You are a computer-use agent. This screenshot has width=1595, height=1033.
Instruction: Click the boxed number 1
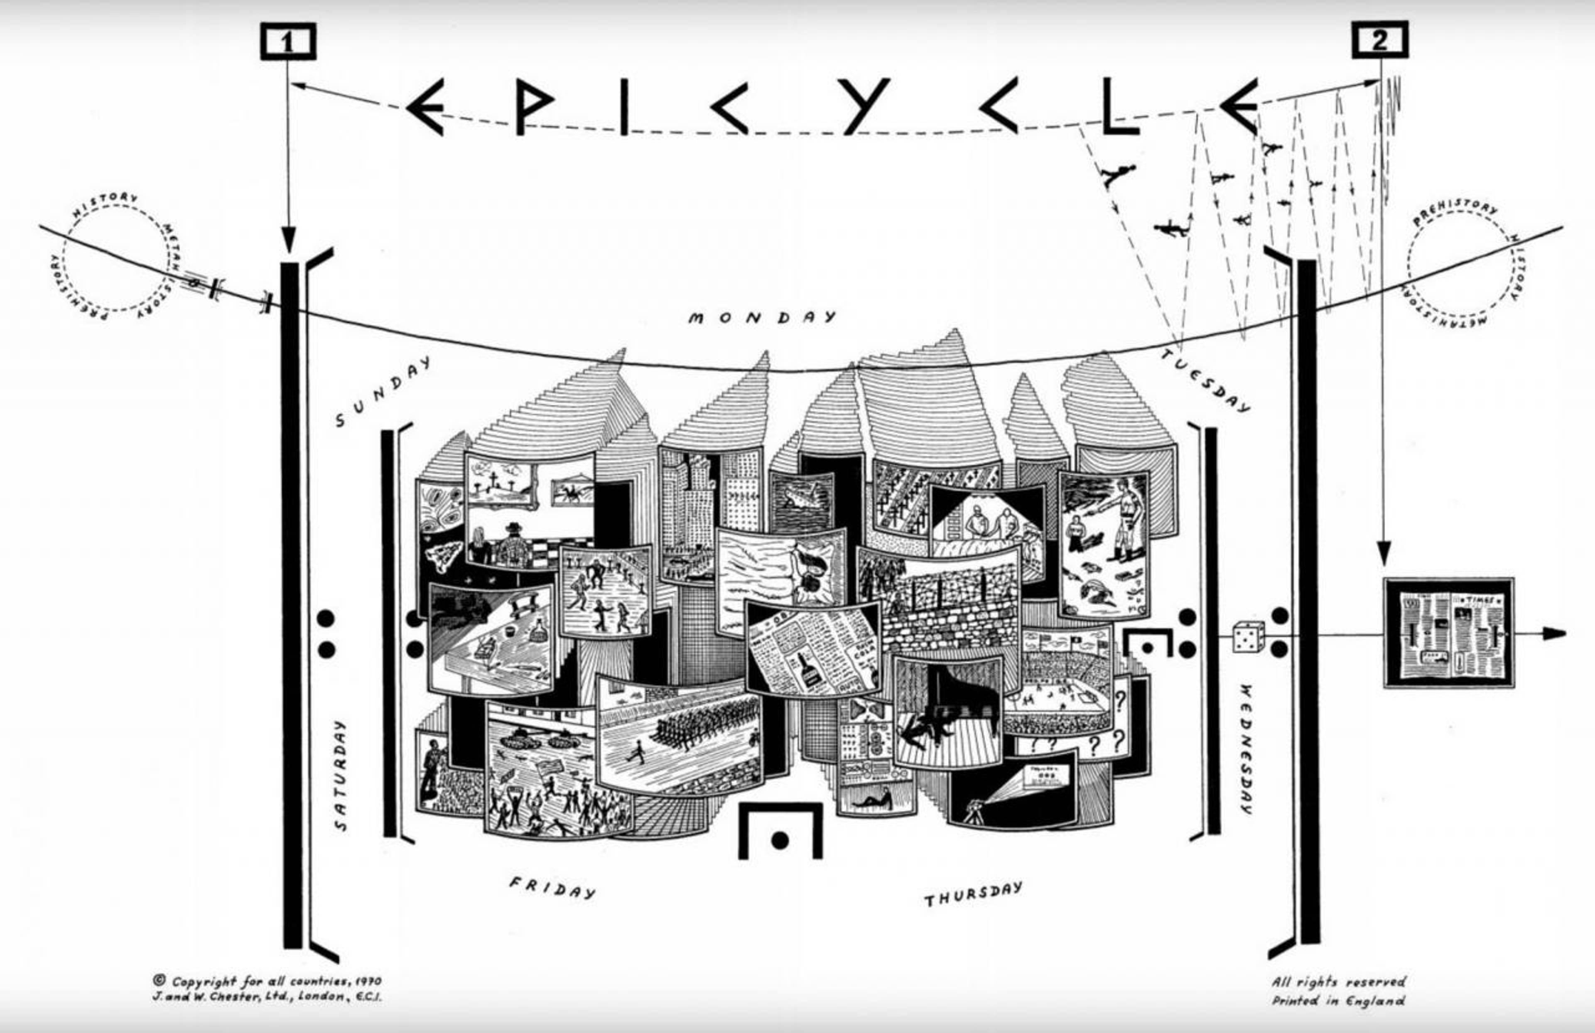tap(287, 42)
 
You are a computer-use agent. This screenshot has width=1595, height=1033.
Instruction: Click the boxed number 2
tap(1379, 40)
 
